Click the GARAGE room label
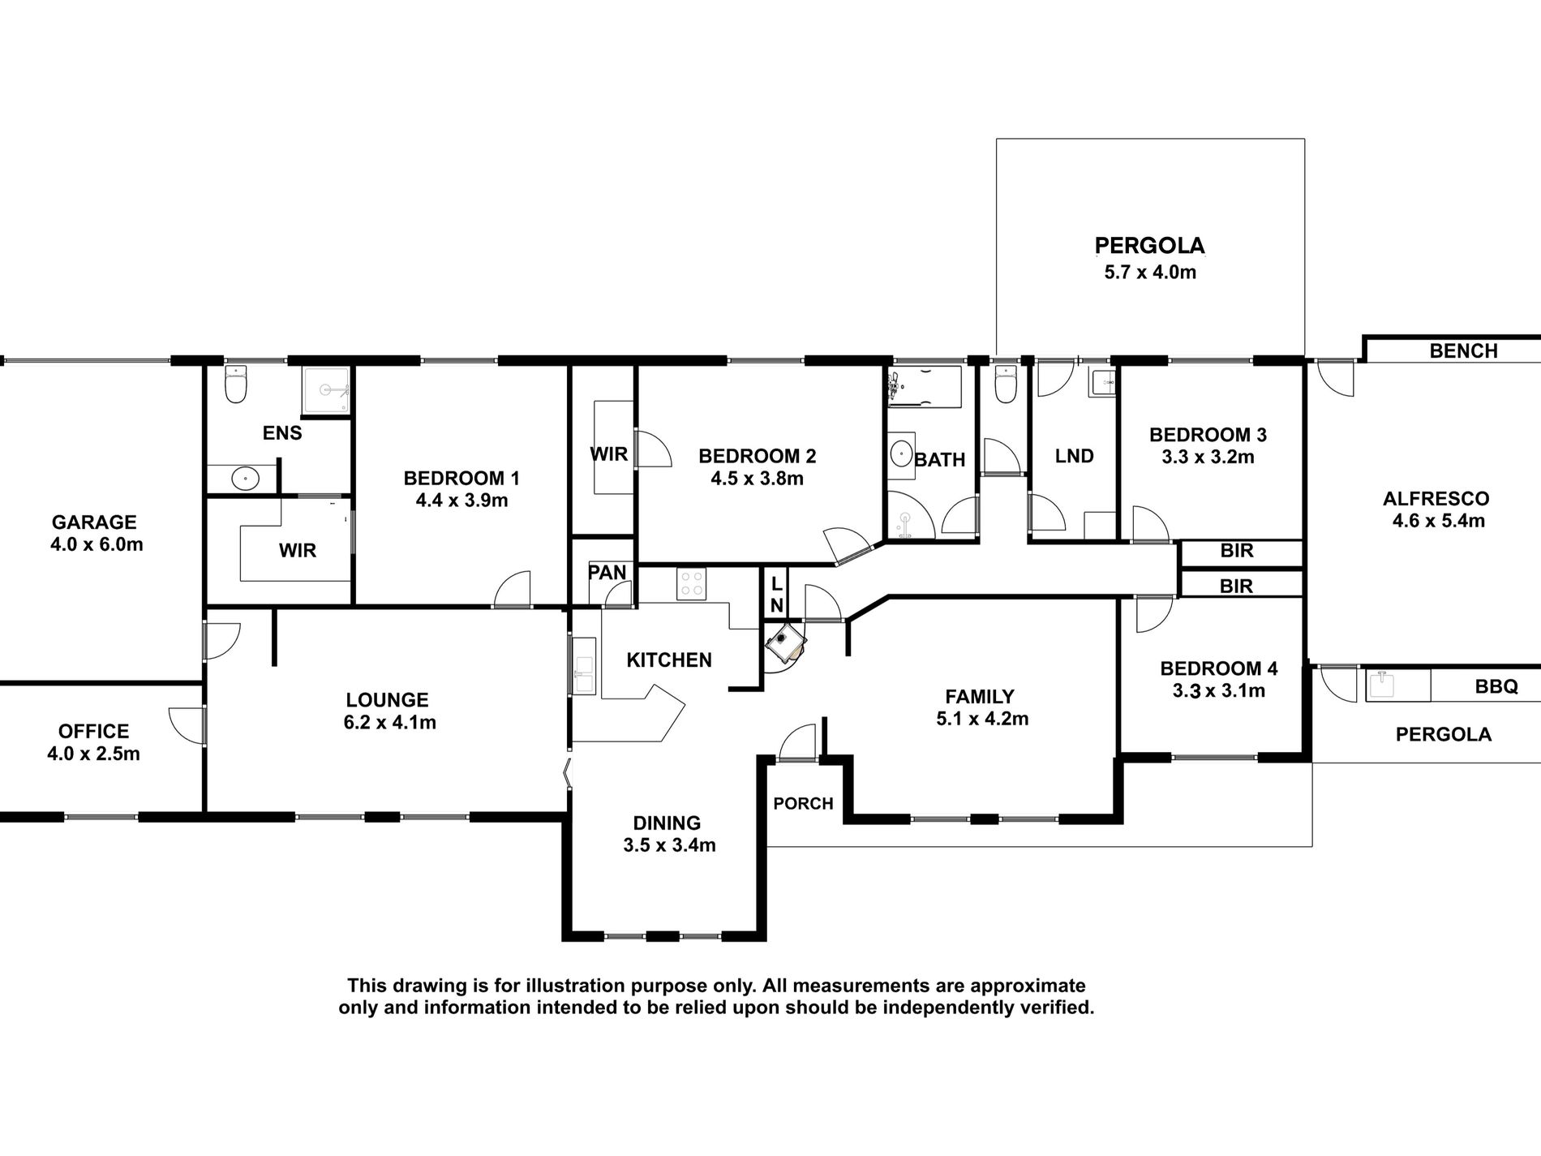pyautogui.click(x=94, y=522)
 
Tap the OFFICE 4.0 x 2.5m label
pyautogui.click(x=93, y=742)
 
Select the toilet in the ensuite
pyautogui.click(x=236, y=385)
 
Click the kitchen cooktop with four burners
pyautogui.click(x=691, y=584)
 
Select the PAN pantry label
pyautogui.click(x=607, y=573)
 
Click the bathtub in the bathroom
pyautogui.click(x=924, y=389)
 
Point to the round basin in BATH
pyautogui.click(x=900, y=453)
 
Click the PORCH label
pyautogui.click(x=803, y=803)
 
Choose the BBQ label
pyautogui.click(x=1496, y=686)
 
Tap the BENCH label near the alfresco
pyautogui.click(x=1464, y=350)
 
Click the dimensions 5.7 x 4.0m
pyautogui.click(x=1150, y=272)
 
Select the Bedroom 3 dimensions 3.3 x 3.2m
pyautogui.click(x=1208, y=457)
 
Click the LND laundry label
pyautogui.click(x=1075, y=456)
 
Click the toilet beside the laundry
pyautogui.click(x=1006, y=385)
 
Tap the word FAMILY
pyautogui.click(x=980, y=696)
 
